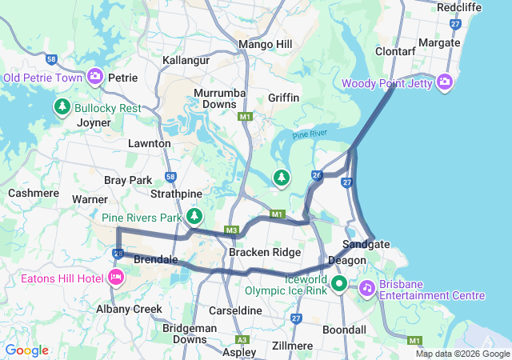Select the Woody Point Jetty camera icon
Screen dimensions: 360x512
(446, 81)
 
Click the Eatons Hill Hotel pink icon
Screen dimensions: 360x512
(115, 277)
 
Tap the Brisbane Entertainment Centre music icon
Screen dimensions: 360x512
(366, 286)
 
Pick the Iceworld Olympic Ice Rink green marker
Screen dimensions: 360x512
(338, 283)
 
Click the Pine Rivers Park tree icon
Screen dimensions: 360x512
(194, 216)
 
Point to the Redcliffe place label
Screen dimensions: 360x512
(459, 6)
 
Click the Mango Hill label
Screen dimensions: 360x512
(265, 44)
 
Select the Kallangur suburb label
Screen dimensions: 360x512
(186, 60)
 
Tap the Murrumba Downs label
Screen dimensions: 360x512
(219, 98)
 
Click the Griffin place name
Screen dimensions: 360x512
(284, 98)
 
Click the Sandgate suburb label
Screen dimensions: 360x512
(366, 244)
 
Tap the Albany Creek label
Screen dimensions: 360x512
(129, 309)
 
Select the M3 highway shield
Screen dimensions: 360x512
(232, 231)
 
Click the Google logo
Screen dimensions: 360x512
(27, 350)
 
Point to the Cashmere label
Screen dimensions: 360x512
(34, 193)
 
